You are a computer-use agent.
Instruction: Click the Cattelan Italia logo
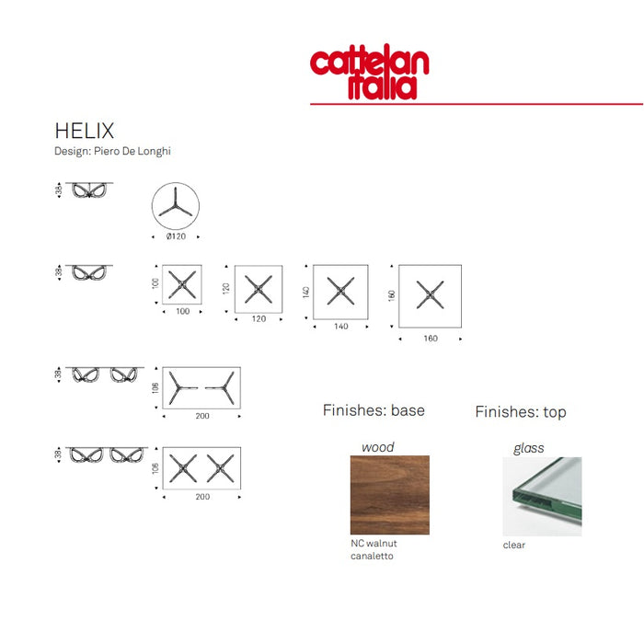(369, 73)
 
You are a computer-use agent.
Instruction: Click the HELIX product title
(85, 132)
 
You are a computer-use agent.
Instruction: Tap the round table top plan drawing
(175, 206)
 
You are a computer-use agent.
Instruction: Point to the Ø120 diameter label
(176, 237)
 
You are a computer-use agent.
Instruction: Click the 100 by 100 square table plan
(182, 284)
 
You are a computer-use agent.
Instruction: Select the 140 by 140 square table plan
(340, 292)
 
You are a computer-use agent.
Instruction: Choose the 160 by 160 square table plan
(430, 294)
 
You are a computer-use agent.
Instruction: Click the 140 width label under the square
(341, 327)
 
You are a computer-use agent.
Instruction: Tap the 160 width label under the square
(431, 339)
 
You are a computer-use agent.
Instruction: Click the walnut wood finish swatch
(389, 495)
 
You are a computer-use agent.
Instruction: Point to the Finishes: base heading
(374, 410)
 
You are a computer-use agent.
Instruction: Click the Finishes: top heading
(521, 412)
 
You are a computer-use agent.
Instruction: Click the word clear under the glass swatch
(514, 545)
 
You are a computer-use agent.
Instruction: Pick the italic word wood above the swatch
(377, 447)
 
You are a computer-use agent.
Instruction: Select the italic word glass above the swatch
(528, 448)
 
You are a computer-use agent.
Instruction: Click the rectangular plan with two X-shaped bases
(201, 468)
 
